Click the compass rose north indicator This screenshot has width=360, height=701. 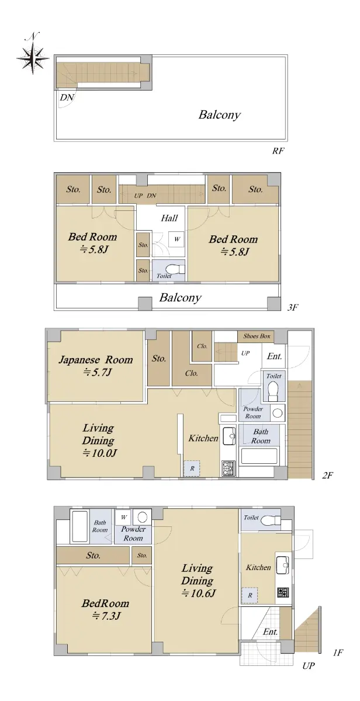(x=33, y=54)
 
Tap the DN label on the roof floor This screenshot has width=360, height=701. (x=67, y=98)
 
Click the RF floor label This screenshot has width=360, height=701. (x=278, y=151)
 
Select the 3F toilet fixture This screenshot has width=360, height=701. (x=175, y=269)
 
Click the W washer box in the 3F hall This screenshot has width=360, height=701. (x=176, y=239)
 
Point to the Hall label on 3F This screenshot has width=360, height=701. (x=169, y=218)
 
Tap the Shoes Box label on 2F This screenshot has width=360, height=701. (x=257, y=336)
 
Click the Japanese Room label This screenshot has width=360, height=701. (x=96, y=360)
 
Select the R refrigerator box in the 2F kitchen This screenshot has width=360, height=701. (x=192, y=468)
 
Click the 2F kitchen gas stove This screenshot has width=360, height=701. (x=229, y=468)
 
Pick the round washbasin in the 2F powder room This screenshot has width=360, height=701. (x=278, y=413)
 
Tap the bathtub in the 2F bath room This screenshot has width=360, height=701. (x=259, y=456)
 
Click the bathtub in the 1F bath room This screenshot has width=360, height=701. (x=79, y=526)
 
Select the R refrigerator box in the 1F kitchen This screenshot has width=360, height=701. (x=250, y=595)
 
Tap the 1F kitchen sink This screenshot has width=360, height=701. (x=283, y=565)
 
